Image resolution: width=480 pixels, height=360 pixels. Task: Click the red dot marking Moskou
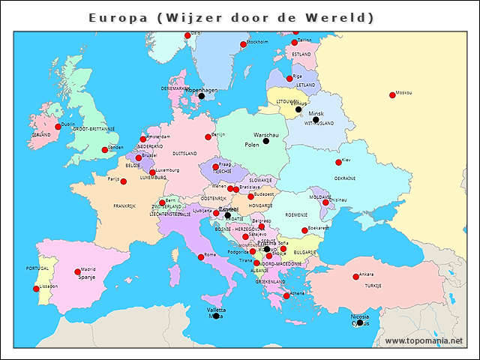point(392,94)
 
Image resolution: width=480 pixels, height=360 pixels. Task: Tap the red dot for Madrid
point(78,271)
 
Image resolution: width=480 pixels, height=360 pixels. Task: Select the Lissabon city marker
point(36,289)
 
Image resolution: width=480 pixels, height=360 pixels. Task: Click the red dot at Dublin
point(58,127)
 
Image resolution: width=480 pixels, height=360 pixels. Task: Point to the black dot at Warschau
point(265,141)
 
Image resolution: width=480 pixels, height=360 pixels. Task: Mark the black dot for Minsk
point(316,120)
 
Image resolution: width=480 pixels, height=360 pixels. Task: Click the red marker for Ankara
point(355,277)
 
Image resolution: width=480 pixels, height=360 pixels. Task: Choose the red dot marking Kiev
point(338,162)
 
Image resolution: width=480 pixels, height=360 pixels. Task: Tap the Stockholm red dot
point(243,44)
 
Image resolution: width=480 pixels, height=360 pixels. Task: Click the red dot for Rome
point(200,257)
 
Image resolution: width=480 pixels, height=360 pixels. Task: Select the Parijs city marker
point(124,181)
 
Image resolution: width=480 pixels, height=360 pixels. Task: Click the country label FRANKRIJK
point(124,205)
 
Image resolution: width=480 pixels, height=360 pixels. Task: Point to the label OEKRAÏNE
point(345,178)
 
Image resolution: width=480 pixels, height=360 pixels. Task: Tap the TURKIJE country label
point(373,286)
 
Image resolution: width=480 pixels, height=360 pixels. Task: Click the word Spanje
point(87,277)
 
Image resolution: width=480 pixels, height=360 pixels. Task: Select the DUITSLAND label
point(184,153)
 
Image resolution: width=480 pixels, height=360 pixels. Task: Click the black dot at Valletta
point(215,316)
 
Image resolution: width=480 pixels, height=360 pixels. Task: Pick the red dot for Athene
point(286,295)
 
